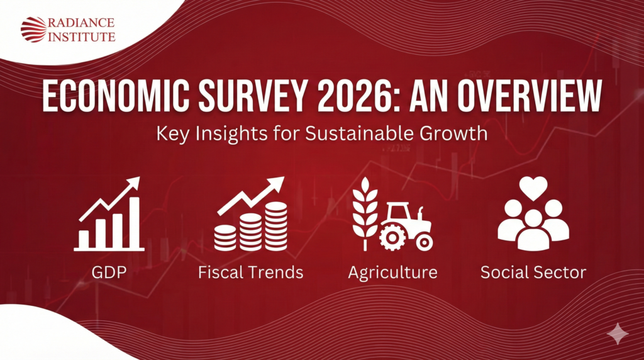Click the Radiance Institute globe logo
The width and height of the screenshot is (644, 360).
[33, 30]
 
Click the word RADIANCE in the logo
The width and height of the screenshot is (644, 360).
[82, 23]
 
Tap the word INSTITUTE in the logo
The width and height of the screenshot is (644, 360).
[82, 37]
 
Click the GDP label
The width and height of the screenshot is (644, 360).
[108, 273]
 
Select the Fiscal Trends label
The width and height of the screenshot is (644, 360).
[250, 273]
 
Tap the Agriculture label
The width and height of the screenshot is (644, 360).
[393, 273]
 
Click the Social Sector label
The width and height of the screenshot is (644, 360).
[533, 273]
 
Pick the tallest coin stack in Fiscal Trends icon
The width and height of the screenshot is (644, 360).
[275, 225]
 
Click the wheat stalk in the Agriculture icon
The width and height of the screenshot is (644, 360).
[364, 211]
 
